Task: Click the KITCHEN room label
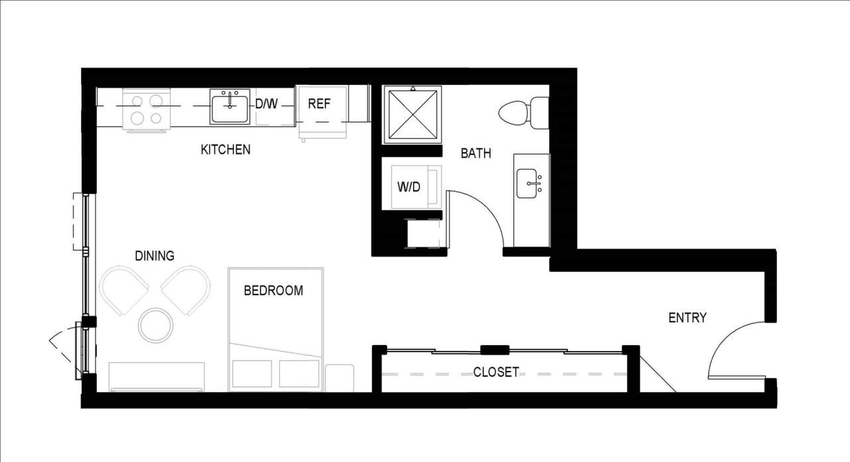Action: tap(226, 150)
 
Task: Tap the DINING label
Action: tap(155, 255)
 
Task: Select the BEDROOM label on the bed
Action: tap(273, 290)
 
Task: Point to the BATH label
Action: tap(476, 154)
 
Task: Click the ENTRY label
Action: tap(687, 318)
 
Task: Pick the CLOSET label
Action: tap(496, 372)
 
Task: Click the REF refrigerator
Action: tap(319, 104)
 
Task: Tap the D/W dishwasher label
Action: tap(267, 104)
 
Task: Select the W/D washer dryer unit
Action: tap(410, 187)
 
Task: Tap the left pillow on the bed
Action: tap(252, 374)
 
